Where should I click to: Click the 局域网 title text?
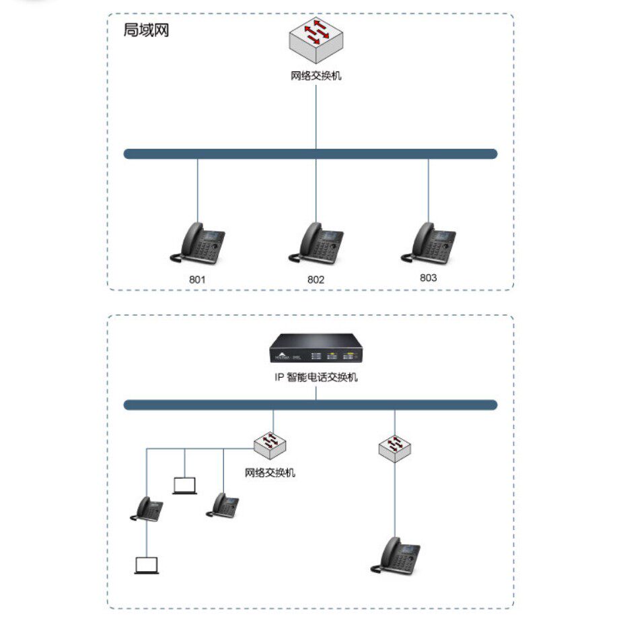pos(146,30)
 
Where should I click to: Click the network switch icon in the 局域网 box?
pos(316,40)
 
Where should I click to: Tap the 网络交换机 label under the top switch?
pos(316,75)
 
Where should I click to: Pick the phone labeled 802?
pos(316,243)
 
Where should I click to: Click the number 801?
pos(197,279)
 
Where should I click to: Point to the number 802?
pos(316,279)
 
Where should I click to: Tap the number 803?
pos(428,277)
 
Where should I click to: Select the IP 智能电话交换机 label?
pos(316,377)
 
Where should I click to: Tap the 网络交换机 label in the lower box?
pos(270,473)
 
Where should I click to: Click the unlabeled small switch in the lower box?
pos(395,446)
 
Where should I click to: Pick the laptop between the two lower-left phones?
pos(184,486)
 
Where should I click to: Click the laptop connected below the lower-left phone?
pos(147,566)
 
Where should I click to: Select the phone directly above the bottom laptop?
pos(147,508)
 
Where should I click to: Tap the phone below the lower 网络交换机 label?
pos(223,504)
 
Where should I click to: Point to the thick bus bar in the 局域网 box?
pos(310,154)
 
